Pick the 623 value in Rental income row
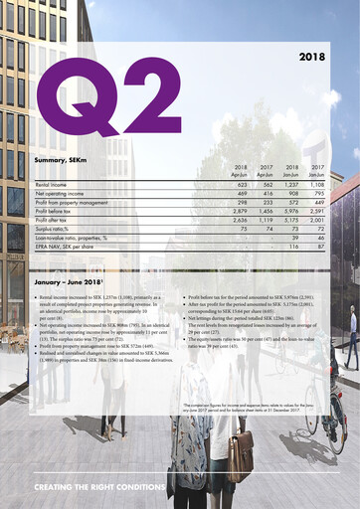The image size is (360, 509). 240,186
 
